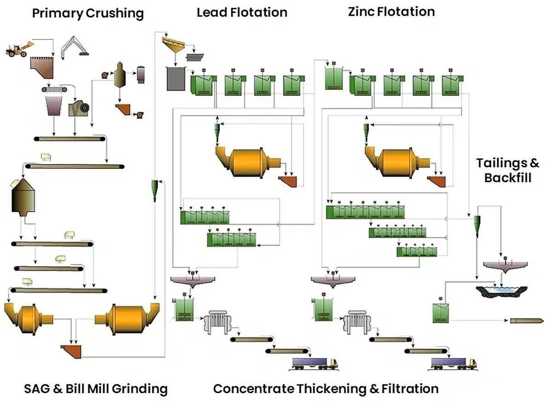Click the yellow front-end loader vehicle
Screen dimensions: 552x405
[x=20, y=49]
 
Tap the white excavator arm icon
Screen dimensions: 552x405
[x=74, y=47]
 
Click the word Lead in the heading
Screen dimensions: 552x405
[x=212, y=12]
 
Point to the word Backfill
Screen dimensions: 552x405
[x=508, y=178]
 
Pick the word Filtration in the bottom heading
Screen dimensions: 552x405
[x=410, y=389]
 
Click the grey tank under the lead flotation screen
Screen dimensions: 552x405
[x=176, y=79]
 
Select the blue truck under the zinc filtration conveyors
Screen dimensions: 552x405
[x=454, y=364]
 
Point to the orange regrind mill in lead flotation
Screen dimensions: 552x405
[x=247, y=162]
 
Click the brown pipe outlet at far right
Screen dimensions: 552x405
[x=527, y=321]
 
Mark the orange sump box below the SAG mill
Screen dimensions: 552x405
[x=71, y=351]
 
